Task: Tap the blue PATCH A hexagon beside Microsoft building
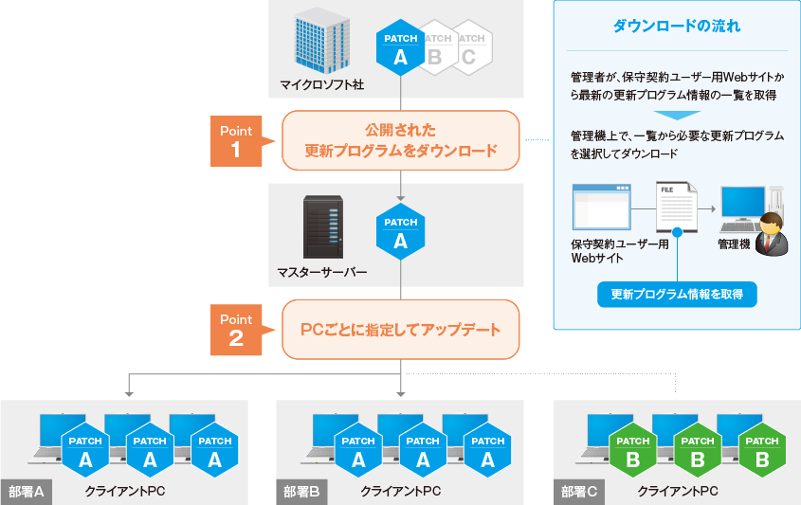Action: [400, 49]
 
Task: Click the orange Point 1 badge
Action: [236, 140]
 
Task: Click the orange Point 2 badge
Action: [236, 329]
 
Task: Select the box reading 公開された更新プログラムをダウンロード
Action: [401, 140]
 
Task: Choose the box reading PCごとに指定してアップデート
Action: [401, 330]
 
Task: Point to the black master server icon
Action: [322, 227]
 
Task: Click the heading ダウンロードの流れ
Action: [677, 26]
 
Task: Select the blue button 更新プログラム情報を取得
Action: [677, 295]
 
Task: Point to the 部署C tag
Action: [579, 492]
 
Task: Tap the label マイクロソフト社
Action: [322, 86]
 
